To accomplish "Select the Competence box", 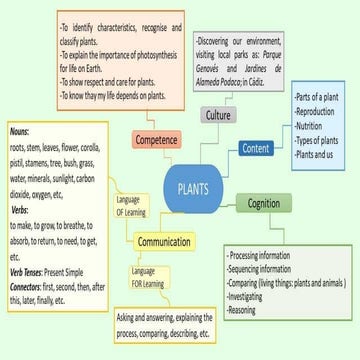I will (155, 139).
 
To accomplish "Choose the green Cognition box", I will (264, 205).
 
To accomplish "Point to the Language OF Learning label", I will (131, 205).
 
